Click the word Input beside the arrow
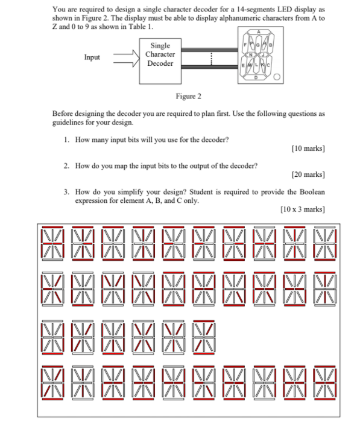(92, 57)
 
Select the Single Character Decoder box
(160, 55)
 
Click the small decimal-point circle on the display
(277, 78)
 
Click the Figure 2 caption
(188, 97)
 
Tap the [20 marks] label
(308, 174)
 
